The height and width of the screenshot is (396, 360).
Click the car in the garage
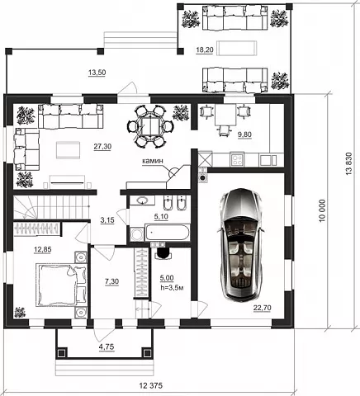(x=240, y=245)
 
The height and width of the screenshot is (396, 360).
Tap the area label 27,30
(x=102, y=147)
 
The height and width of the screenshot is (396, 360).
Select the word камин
(x=153, y=161)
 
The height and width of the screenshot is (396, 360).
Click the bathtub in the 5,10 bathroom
(x=168, y=233)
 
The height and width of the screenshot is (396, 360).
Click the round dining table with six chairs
(x=150, y=126)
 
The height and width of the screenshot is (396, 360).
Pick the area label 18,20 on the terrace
(x=204, y=50)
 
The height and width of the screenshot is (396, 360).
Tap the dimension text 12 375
(x=151, y=385)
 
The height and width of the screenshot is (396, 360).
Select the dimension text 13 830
(x=348, y=163)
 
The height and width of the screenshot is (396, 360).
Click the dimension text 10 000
(x=322, y=210)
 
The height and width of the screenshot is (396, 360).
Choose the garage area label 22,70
(x=262, y=308)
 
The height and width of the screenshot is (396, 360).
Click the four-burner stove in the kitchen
(x=237, y=159)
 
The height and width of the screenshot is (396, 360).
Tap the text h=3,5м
(x=172, y=288)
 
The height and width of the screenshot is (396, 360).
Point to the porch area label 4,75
(x=107, y=346)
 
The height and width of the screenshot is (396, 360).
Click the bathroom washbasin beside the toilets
(x=142, y=200)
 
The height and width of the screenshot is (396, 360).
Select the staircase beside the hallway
(x=51, y=207)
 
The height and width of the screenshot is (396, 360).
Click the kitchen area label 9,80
(x=245, y=134)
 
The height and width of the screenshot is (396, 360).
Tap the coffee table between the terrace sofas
(x=237, y=48)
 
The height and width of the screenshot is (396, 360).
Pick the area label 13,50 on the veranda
(x=97, y=73)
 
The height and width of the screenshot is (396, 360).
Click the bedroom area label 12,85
(x=42, y=249)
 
